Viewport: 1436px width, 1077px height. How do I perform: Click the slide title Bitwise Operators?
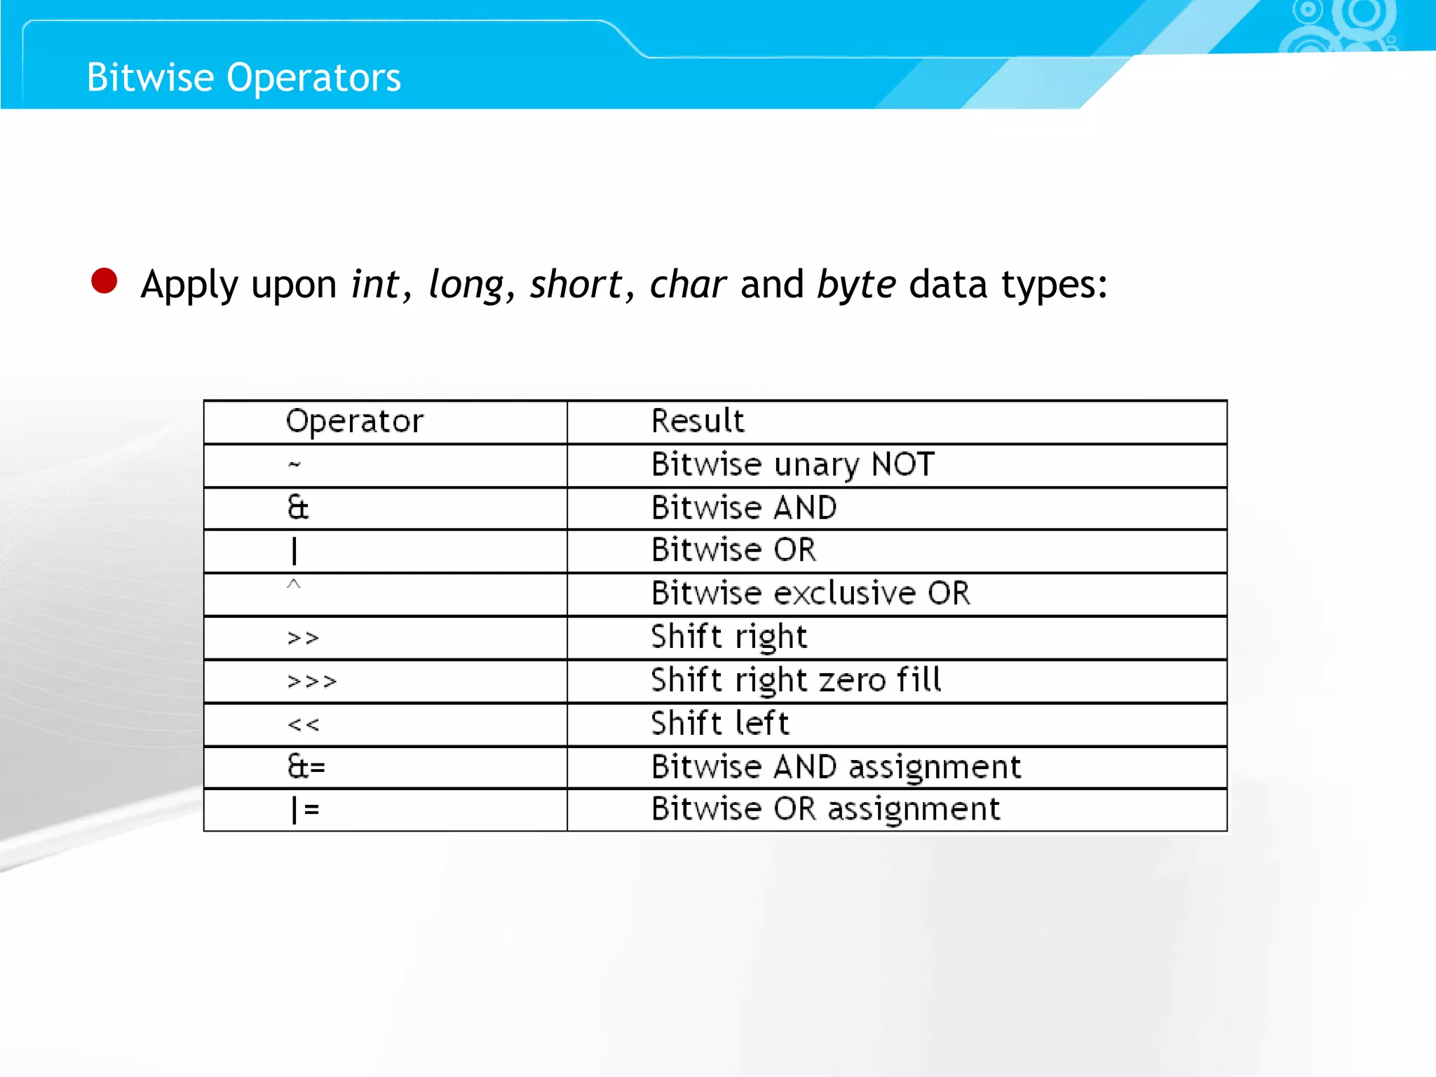tap(243, 77)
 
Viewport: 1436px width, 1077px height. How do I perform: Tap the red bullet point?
tap(104, 281)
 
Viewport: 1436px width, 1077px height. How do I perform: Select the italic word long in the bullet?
tap(466, 285)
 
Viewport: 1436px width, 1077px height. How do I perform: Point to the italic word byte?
tap(856, 285)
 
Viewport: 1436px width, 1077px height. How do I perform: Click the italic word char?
tap(687, 285)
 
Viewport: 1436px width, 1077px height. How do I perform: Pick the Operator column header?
tap(355, 421)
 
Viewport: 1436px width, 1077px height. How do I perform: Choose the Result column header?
tap(698, 421)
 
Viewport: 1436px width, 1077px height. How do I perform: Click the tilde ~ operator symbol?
tap(294, 464)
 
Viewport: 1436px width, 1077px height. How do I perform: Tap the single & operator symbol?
tap(298, 508)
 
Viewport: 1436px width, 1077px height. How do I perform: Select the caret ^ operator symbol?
tap(294, 585)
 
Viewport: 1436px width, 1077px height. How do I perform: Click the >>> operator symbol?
tap(312, 682)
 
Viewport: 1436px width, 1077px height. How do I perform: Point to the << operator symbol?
tap(304, 725)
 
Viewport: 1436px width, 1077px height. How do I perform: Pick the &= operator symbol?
tap(306, 767)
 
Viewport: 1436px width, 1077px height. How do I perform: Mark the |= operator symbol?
tap(306, 810)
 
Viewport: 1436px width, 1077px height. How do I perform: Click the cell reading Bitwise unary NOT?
tap(793, 465)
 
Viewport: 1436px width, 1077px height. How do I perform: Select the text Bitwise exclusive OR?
tap(811, 594)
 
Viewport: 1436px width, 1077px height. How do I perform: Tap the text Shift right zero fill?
tap(796, 681)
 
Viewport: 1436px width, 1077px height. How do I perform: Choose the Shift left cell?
tap(720, 724)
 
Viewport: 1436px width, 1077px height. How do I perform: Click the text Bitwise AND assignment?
tap(836, 767)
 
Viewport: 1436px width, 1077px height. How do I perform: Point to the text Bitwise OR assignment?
tap(825, 810)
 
